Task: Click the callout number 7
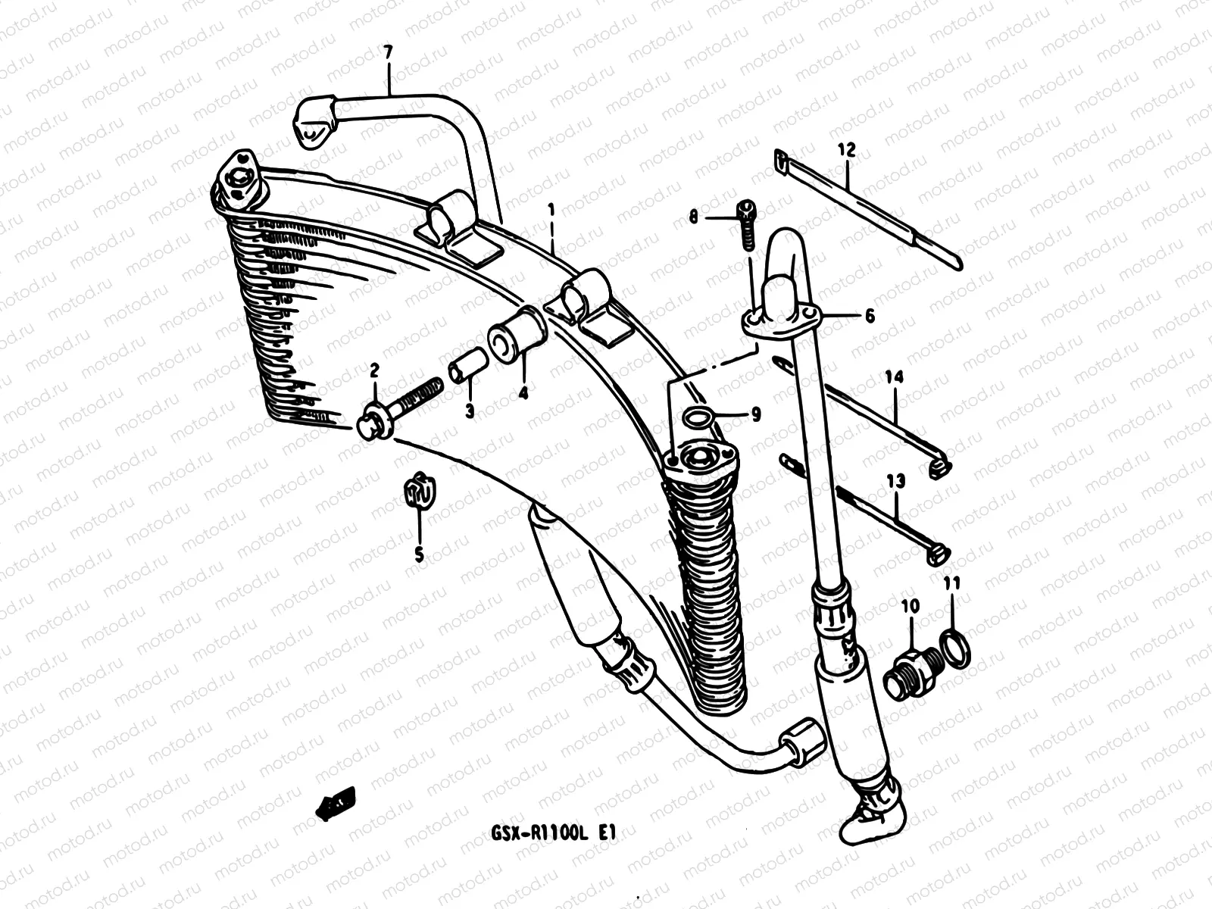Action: click(388, 53)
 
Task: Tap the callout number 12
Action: click(846, 150)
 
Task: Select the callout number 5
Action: click(419, 554)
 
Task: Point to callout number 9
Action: click(756, 414)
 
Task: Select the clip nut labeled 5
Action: click(418, 494)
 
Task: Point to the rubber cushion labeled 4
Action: click(518, 336)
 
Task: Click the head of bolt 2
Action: click(373, 424)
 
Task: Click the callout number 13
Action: click(895, 480)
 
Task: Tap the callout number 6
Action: click(869, 316)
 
